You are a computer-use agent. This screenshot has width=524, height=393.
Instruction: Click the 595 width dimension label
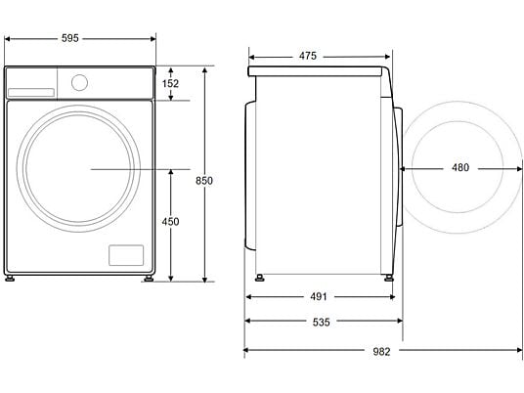click(70, 38)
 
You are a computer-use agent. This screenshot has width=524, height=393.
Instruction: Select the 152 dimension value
click(170, 83)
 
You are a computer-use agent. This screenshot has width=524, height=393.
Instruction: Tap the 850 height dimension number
click(204, 181)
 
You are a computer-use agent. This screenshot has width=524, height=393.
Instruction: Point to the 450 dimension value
click(170, 222)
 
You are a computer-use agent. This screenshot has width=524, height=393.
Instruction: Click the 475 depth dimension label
click(307, 56)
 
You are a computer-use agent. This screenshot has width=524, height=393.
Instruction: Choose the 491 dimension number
click(319, 296)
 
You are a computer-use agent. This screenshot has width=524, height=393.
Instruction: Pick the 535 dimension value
click(322, 323)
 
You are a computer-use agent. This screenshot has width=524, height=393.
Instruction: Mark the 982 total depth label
click(381, 352)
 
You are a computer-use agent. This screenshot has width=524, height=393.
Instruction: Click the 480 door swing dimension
click(460, 167)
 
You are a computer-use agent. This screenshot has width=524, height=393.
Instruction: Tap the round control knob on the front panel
click(79, 82)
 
